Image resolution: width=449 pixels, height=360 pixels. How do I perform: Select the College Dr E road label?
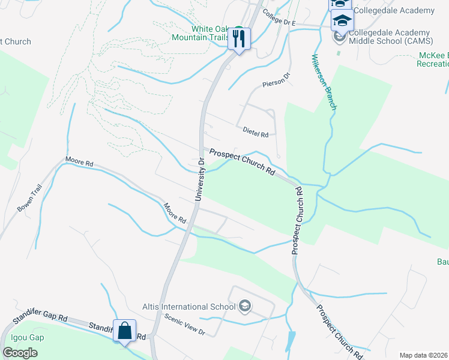280,22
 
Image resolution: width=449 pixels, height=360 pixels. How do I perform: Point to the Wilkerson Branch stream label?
322,82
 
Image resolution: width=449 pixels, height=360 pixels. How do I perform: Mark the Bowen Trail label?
28,199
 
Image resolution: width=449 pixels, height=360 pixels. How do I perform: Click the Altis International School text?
188,307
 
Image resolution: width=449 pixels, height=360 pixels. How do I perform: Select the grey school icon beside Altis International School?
244,307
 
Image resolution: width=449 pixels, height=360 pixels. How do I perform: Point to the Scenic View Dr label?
185,325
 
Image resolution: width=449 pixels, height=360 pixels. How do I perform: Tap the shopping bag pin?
125,332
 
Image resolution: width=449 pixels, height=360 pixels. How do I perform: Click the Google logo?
20,353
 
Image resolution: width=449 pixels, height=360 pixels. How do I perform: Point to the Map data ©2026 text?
424,355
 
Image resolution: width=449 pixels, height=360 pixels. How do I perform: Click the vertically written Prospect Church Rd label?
297,220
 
